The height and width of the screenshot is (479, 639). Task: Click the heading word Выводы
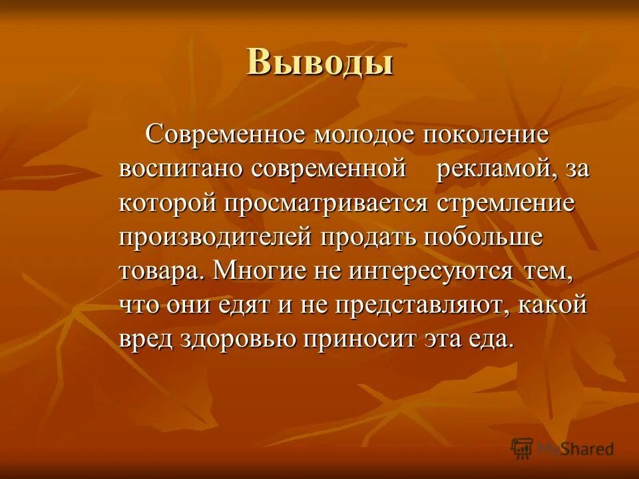(x=319, y=63)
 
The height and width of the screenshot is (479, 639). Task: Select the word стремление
(x=505, y=203)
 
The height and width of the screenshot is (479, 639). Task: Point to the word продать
(x=365, y=238)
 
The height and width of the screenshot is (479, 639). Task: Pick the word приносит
(x=362, y=340)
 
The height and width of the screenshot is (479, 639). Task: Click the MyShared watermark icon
(x=523, y=448)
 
